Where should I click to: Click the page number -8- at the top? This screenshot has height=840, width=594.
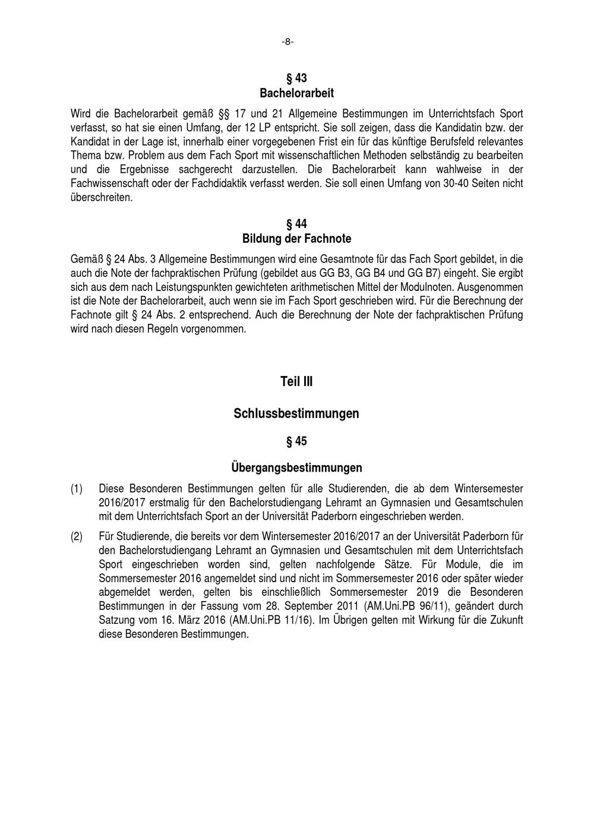pyautogui.click(x=287, y=42)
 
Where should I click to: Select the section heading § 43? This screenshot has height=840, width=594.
pyautogui.click(x=296, y=78)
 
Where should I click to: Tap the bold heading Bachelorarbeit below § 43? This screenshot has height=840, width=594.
pyautogui.click(x=296, y=93)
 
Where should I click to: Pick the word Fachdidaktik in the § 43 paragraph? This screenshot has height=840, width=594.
pyautogui.click(x=228, y=184)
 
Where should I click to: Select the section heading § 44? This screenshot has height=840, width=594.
pyautogui.click(x=296, y=224)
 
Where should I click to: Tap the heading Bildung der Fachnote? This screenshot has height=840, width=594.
pyautogui.click(x=296, y=239)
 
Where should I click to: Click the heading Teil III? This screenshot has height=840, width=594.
pyautogui.click(x=296, y=382)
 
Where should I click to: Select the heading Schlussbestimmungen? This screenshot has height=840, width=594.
pyautogui.click(x=296, y=413)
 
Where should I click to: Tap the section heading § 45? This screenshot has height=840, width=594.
pyautogui.click(x=296, y=441)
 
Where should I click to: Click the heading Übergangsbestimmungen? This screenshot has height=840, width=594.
pyautogui.click(x=296, y=468)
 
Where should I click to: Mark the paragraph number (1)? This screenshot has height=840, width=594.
pyautogui.click(x=77, y=489)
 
